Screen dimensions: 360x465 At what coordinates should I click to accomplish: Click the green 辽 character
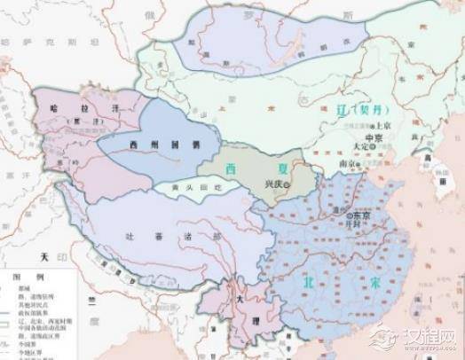(342, 111)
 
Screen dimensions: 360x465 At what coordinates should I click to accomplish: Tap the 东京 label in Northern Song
(360, 215)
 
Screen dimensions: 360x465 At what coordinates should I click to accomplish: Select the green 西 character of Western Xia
(232, 167)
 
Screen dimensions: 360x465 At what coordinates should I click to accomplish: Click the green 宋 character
(363, 282)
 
